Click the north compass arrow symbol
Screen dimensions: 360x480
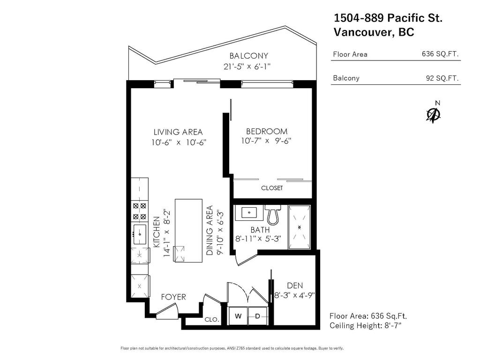[434, 114]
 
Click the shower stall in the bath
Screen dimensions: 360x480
[299, 227]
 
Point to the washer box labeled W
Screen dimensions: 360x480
[238, 316]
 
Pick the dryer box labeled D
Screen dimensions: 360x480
[257, 316]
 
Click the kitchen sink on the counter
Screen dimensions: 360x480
[139, 233]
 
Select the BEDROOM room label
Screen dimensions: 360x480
[267, 132]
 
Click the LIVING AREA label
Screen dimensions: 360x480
[178, 132]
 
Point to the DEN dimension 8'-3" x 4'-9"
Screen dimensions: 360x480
[294, 295]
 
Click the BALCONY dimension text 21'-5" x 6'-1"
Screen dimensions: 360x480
[247, 67]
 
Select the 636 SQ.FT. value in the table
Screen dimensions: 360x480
[440, 54]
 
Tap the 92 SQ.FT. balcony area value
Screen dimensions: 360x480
[442, 78]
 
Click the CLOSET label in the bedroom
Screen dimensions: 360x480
[272, 188]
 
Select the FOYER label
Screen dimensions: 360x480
[173, 297]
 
